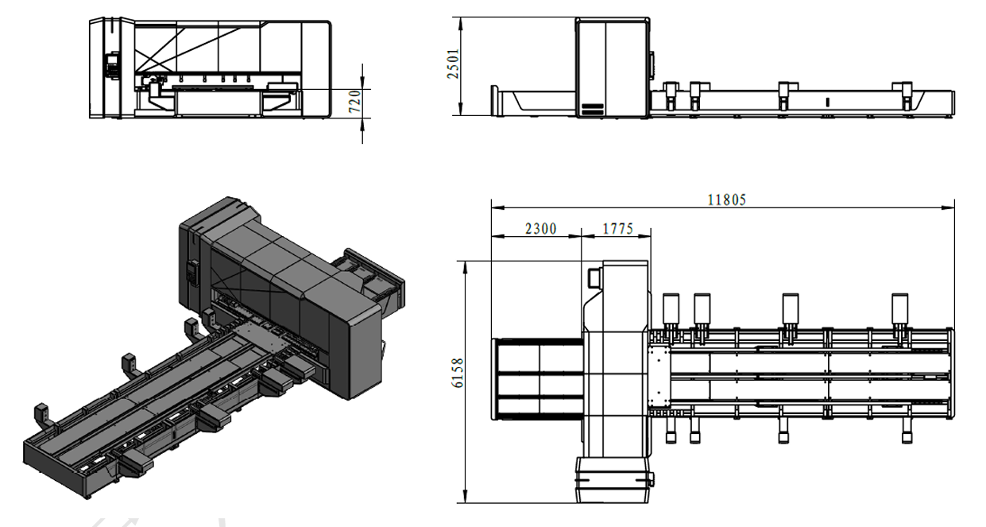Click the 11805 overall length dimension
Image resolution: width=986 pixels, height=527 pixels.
point(726,200)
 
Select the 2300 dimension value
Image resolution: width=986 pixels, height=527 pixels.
point(541,229)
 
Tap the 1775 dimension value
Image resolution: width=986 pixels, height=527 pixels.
point(617,229)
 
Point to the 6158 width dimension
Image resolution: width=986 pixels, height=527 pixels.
point(458,373)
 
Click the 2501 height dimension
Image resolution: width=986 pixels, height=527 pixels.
point(453,64)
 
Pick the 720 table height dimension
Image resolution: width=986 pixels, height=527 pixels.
point(355,101)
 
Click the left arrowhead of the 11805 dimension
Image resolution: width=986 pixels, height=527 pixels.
point(498,207)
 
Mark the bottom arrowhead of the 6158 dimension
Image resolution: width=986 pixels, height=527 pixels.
point(466,496)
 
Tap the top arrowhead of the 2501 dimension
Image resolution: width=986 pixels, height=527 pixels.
point(461,24)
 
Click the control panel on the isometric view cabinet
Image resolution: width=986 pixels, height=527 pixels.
point(192,272)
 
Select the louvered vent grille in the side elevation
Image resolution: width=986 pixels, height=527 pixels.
point(592,109)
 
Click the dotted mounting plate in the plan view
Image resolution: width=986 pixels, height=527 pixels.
point(659,377)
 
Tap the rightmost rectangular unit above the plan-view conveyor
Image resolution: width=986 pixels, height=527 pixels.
point(899,309)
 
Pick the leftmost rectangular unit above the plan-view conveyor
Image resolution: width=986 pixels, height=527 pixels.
point(671,309)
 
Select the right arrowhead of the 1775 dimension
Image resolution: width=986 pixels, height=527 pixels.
point(644,236)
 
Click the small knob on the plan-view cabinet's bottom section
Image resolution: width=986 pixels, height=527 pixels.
point(651,479)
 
